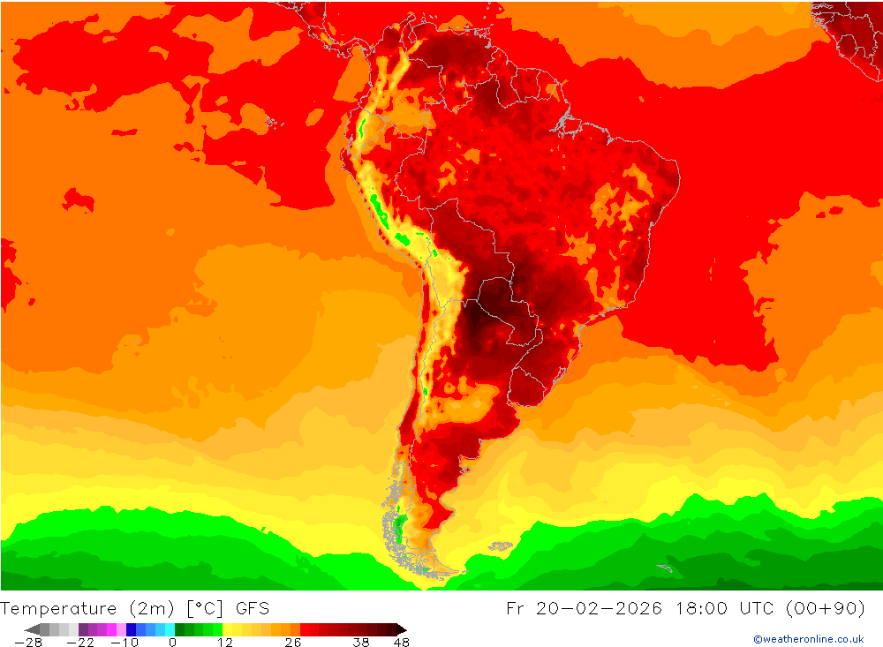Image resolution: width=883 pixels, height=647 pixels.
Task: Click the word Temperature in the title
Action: [58, 608]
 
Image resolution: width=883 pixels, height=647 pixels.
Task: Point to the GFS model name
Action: [253, 608]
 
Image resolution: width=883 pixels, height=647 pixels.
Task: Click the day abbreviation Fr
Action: [516, 608]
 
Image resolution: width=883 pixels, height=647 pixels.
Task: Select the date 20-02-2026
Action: [598, 608]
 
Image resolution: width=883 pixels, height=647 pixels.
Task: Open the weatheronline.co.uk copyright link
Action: [808, 639]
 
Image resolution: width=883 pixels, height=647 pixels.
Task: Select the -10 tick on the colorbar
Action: [125, 643]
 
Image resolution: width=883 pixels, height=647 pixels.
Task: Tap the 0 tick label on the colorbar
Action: [172, 643]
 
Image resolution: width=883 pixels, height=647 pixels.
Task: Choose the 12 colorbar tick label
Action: [225, 643]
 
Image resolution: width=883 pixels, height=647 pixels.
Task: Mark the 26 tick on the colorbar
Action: [293, 643]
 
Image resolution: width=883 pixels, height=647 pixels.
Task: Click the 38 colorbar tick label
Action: [360, 643]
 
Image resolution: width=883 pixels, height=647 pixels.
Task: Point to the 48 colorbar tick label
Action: [401, 643]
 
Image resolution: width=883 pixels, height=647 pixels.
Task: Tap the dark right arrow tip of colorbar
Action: [402, 629]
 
